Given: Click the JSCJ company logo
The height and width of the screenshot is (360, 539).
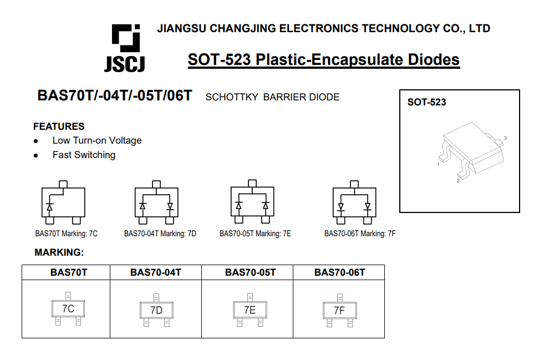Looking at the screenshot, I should coord(125,48).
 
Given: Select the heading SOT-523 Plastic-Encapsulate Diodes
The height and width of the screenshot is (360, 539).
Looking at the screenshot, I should coord(323,59).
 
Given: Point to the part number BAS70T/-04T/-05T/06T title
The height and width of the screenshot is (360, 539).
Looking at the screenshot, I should coord(115,96).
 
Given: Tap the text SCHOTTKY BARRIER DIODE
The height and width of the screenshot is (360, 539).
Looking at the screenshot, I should coord(272,97).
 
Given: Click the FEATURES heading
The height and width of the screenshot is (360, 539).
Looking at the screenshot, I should coord(59,126).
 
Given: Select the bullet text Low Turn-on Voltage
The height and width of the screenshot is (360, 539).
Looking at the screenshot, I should coord(97,140).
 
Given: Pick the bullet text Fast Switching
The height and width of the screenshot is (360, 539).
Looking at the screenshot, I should coord(84,155).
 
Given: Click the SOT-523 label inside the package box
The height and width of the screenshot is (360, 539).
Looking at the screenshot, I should coord(426,102).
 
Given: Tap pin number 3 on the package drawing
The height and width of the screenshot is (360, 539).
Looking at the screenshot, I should coord(505,138).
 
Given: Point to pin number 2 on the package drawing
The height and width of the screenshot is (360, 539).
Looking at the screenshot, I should coord(457,181).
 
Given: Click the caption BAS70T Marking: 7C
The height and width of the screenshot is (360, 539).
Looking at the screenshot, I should coord(66,234).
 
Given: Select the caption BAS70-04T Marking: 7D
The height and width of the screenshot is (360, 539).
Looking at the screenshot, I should coord(160,234).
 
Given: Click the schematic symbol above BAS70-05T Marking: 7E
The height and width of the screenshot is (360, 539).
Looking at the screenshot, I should coord(252,202).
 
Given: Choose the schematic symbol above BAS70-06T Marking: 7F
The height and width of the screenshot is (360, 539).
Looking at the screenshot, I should coord(354,202).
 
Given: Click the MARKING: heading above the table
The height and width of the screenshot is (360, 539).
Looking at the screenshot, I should coord(59,253).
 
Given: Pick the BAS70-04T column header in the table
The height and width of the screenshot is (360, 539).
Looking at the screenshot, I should coord(156,272).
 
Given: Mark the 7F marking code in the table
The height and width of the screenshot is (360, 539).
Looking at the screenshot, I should coord(339,311).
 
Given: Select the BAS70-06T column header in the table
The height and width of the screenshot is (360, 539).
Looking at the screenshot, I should coord(339,272).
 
